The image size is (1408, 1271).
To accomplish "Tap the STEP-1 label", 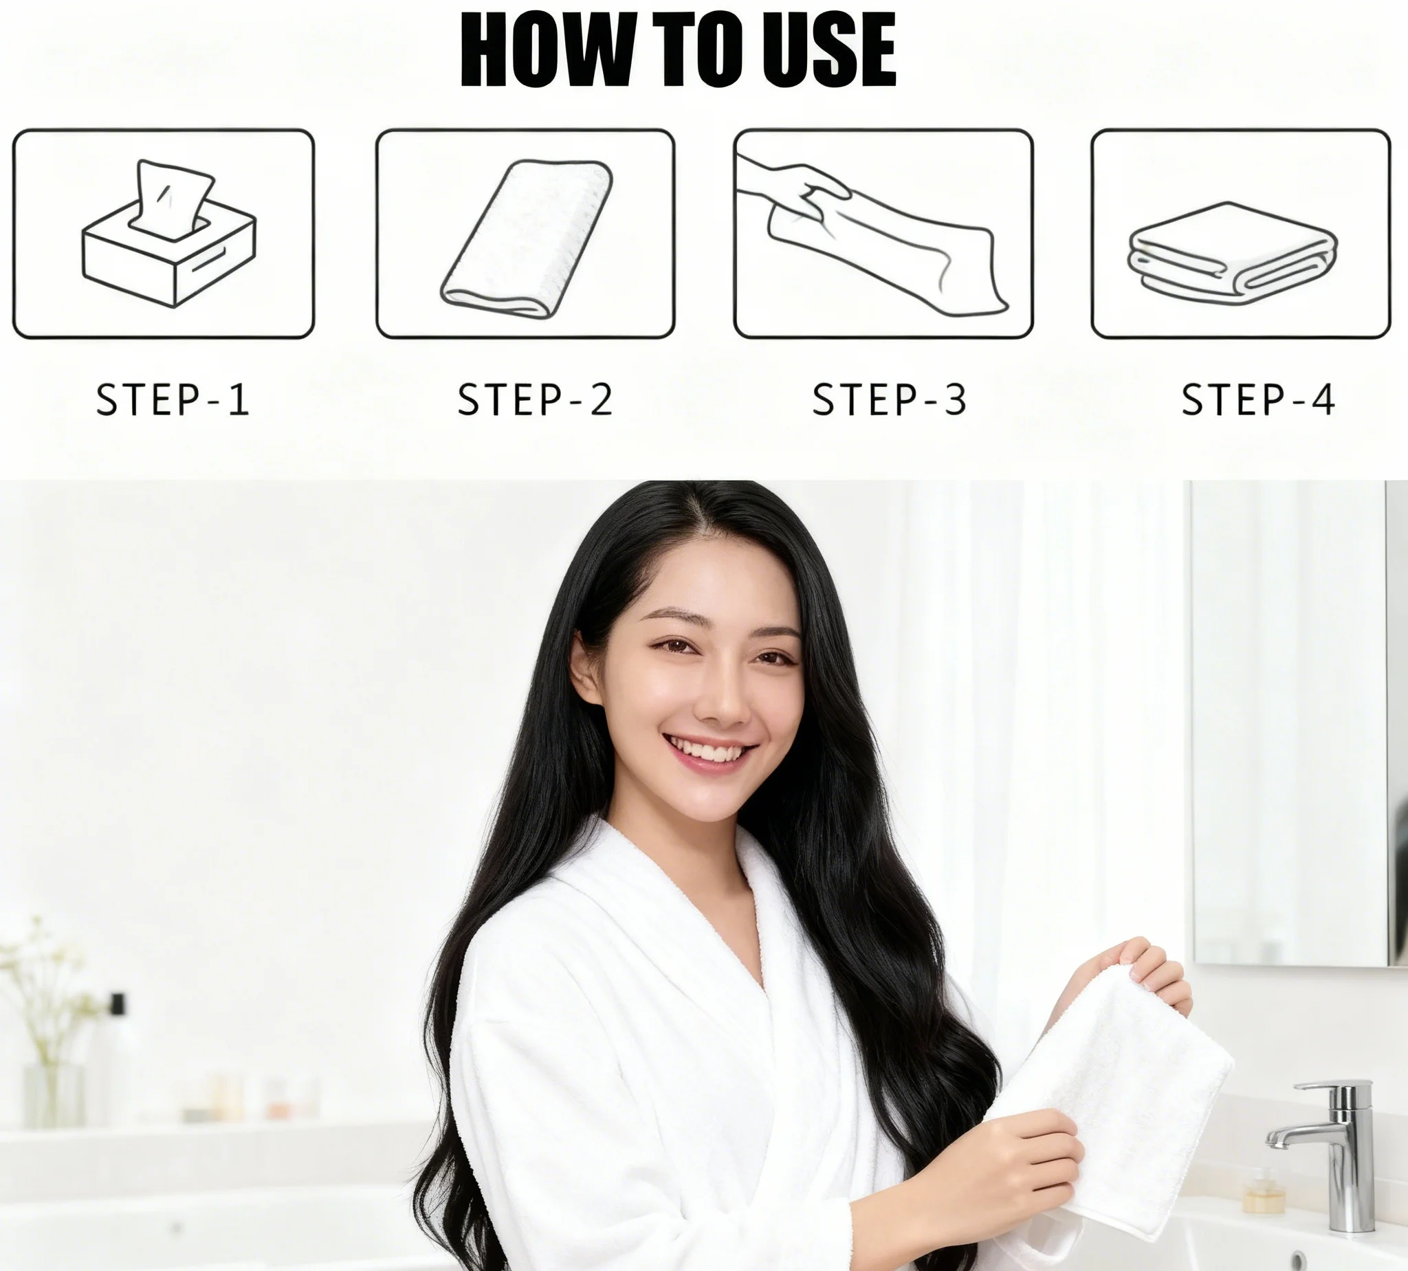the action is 172,400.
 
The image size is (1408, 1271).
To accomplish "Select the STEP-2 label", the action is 534,400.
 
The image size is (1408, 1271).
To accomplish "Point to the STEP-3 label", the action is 889,400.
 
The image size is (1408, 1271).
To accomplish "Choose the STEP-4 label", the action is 1258,400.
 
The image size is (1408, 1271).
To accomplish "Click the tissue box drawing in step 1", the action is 169,234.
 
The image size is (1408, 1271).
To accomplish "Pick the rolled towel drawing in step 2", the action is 526,237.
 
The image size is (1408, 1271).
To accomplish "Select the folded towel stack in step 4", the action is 1233,254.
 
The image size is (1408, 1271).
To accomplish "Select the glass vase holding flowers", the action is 53,1096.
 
